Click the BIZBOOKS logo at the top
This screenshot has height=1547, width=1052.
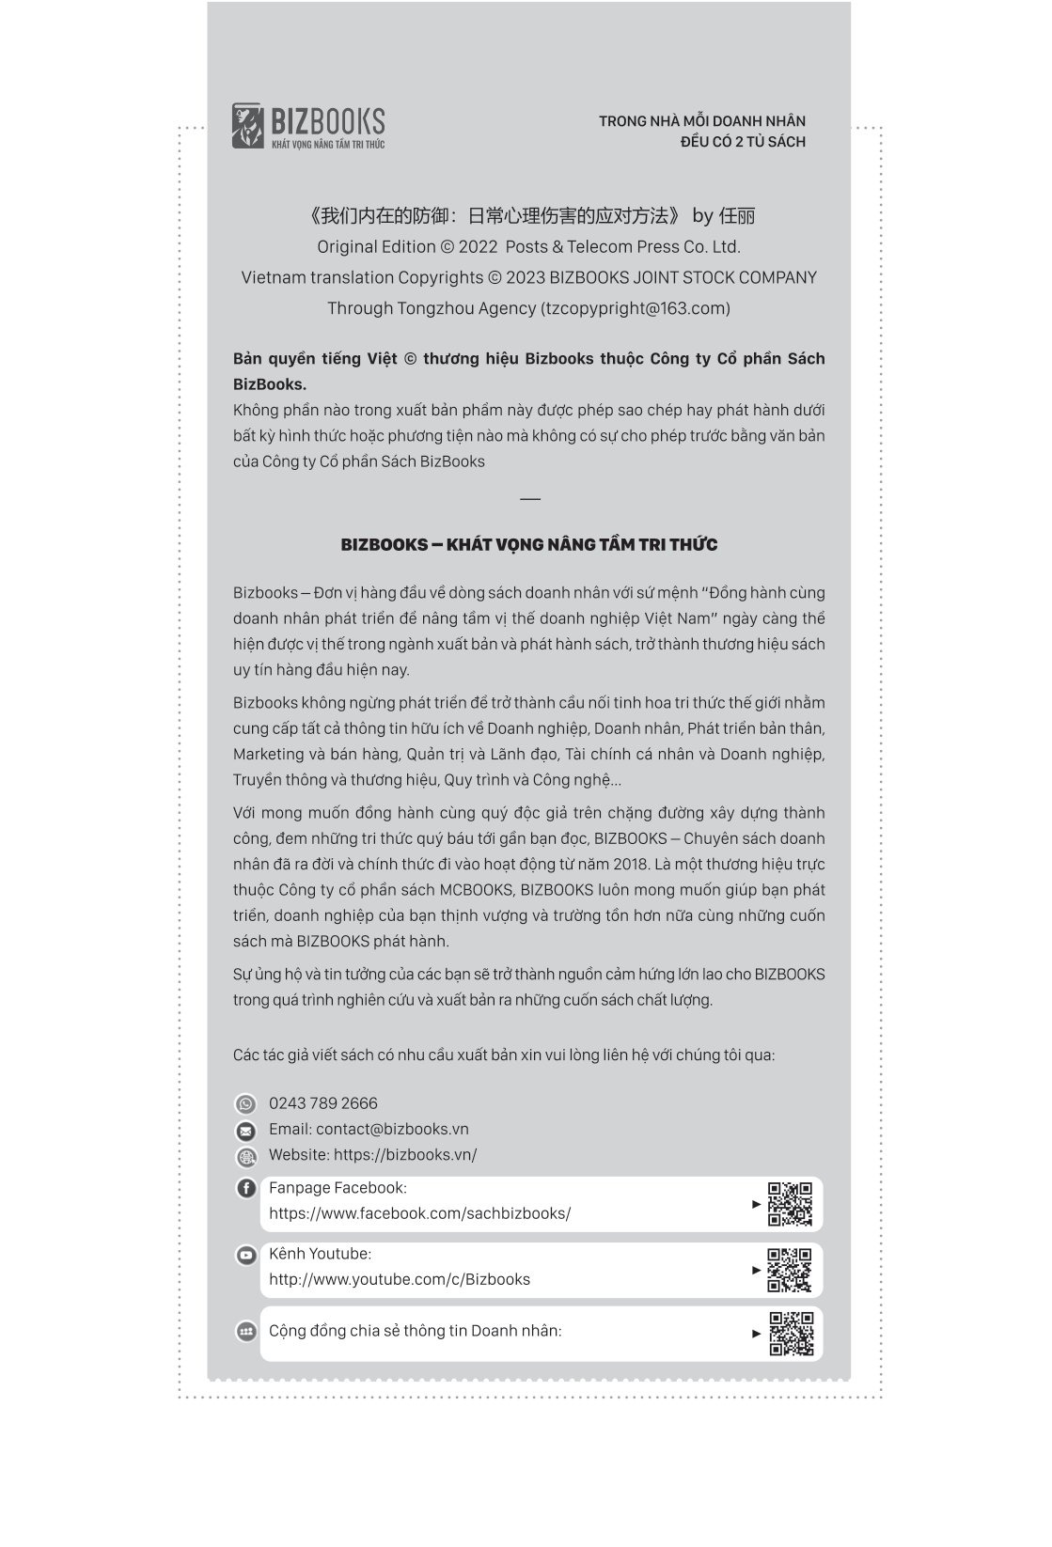click(x=308, y=126)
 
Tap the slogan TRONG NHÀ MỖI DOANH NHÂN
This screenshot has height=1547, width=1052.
click(x=701, y=121)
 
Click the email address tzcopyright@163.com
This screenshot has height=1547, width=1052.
click(x=635, y=308)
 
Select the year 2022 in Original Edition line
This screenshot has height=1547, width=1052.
click(x=479, y=247)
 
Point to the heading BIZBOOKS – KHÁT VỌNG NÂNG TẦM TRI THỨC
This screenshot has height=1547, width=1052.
click(x=529, y=545)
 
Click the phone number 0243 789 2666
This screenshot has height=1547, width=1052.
click(x=322, y=1103)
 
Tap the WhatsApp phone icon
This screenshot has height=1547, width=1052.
click(x=245, y=1104)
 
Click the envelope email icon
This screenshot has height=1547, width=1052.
click(x=245, y=1131)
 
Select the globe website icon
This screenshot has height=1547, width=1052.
click(x=245, y=1157)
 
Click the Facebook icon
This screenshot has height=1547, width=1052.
click(x=245, y=1188)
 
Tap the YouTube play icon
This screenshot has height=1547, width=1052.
click(x=245, y=1255)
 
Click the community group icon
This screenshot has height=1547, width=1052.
click(x=245, y=1331)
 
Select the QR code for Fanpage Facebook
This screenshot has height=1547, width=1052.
click(x=790, y=1204)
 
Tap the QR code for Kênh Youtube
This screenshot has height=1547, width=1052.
click(x=790, y=1270)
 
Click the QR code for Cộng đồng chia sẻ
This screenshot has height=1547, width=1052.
click(x=791, y=1334)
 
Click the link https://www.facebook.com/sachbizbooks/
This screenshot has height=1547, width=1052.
click(x=419, y=1213)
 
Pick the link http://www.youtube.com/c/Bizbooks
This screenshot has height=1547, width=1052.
click(x=399, y=1279)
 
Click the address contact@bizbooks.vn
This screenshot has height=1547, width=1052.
click(x=392, y=1129)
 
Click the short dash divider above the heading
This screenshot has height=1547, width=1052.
click(x=529, y=498)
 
